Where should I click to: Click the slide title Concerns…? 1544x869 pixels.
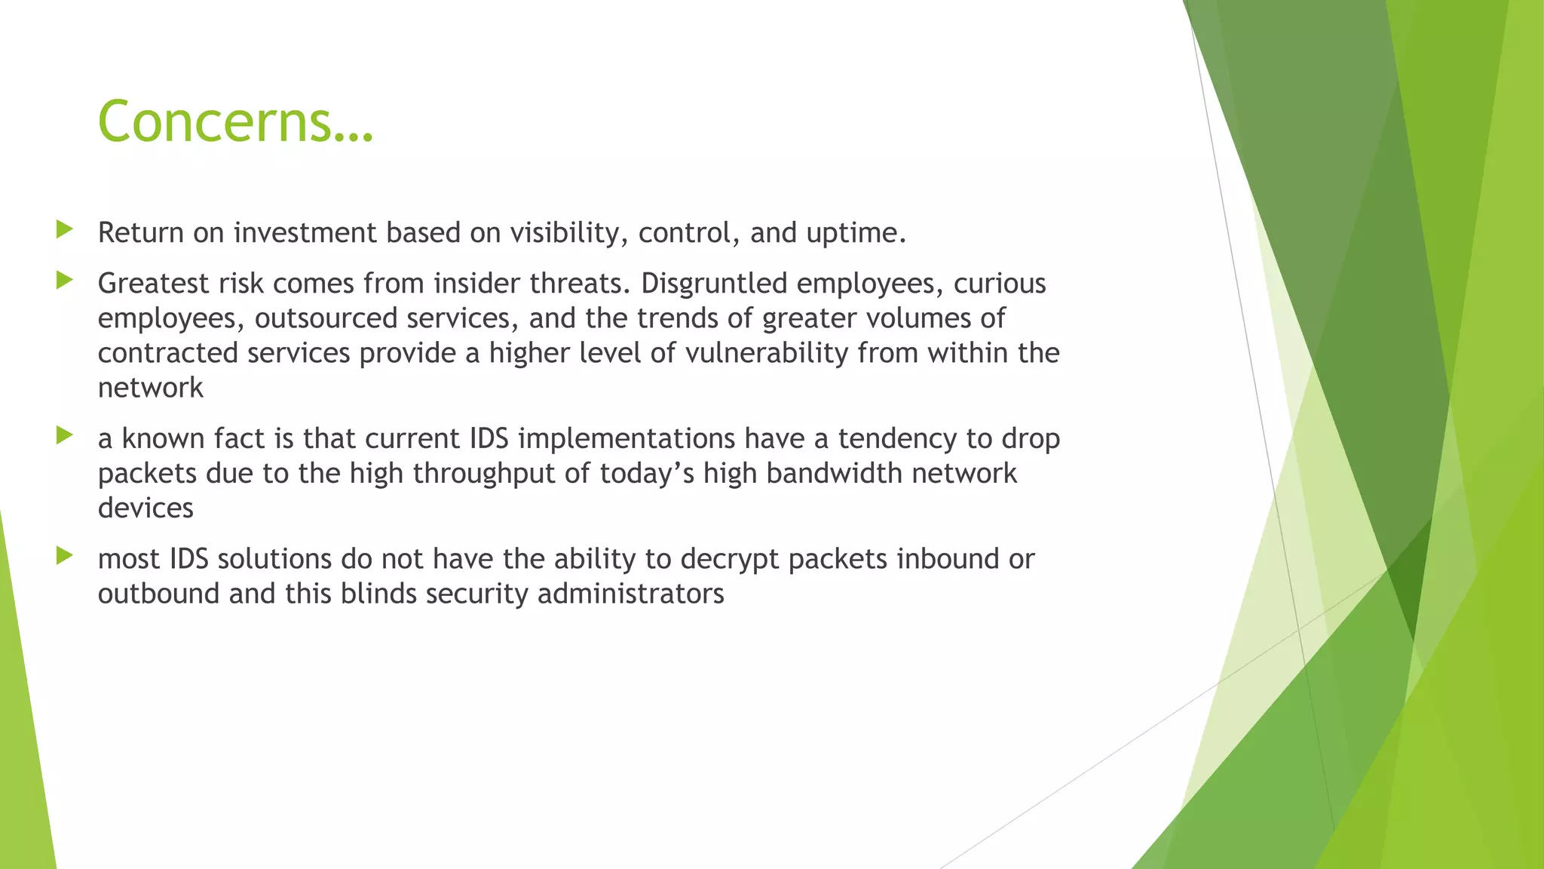point(235,121)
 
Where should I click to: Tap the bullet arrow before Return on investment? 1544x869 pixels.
point(64,229)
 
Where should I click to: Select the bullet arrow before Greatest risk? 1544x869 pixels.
point(64,281)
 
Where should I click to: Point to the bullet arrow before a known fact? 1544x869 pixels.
point(64,435)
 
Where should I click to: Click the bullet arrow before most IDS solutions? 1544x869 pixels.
point(64,556)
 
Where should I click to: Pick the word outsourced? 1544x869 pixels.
point(326,318)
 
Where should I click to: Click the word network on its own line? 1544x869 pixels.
point(151,388)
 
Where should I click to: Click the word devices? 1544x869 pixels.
point(146,508)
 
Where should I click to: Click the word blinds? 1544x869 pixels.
point(378,594)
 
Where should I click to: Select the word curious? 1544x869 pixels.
point(1000,284)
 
